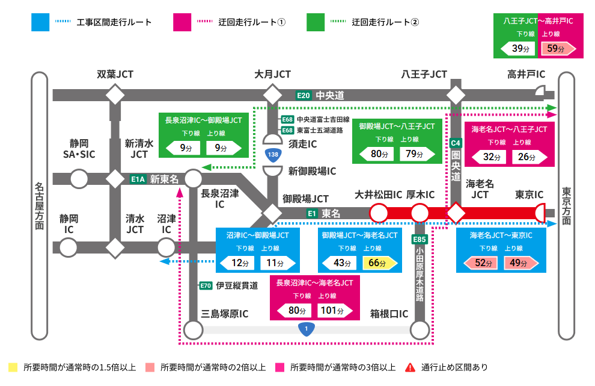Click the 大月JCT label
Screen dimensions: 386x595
[272, 75]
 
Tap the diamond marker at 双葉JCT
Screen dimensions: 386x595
[115, 95]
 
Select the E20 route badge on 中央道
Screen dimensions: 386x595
[304, 95]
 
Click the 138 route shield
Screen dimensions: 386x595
[273, 155]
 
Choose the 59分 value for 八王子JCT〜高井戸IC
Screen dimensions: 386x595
[556, 49]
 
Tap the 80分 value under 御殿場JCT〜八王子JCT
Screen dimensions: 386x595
[380, 154]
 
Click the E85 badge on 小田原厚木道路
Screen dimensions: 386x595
[420, 240]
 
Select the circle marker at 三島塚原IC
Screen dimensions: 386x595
[194, 330]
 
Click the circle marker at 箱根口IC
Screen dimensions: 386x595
[420, 330]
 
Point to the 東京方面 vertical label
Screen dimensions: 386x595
[566, 206]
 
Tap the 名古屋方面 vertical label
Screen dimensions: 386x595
[39, 206]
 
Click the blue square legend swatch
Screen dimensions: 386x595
[40, 22]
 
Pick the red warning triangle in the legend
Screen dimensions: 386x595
[410, 367]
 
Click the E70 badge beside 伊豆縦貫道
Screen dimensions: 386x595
[206, 286]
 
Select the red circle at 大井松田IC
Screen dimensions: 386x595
[378, 213]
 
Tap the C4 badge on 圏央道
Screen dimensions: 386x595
[456, 143]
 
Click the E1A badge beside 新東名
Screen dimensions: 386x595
[138, 179]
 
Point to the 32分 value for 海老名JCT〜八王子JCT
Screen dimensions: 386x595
[492, 157]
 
